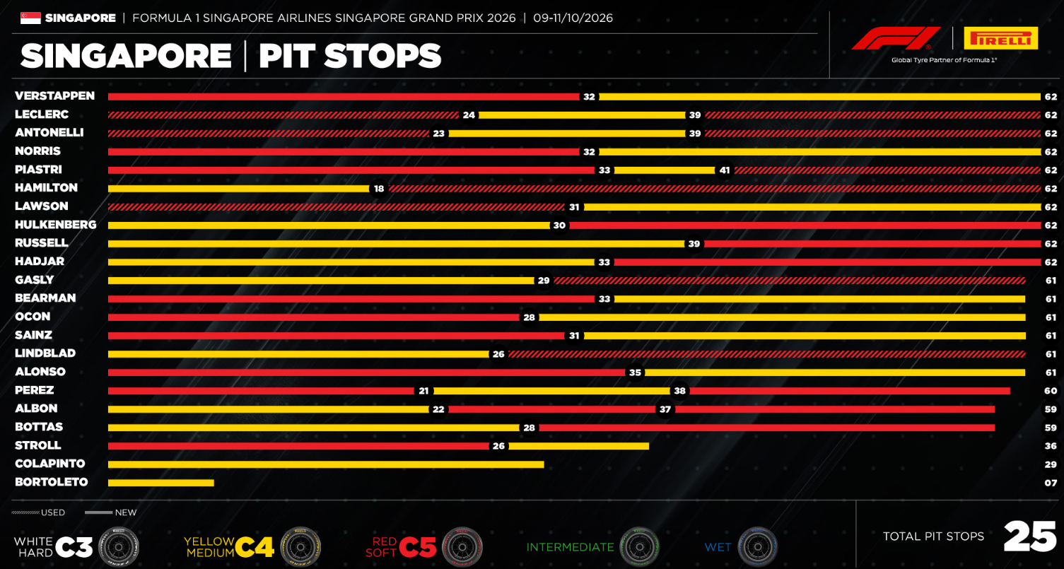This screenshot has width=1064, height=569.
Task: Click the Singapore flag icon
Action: click(x=30, y=18)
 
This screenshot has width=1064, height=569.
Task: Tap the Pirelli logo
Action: click(x=1001, y=38)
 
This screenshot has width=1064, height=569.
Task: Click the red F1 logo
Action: click(x=896, y=38)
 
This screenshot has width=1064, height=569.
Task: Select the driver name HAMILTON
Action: click(x=46, y=188)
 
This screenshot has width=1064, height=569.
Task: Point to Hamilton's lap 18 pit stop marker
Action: click(x=378, y=189)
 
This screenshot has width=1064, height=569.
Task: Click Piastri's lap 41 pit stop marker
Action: click(x=725, y=170)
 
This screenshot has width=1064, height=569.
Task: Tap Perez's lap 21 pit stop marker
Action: click(x=423, y=391)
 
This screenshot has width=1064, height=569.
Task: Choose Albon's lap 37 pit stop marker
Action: click(x=665, y=409)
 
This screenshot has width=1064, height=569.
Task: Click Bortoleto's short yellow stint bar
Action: click(x=161, y=483)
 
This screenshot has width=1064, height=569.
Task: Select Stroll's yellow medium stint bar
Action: click(x=578, y=446)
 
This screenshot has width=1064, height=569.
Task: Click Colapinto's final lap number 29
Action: click(x=1051, y=464)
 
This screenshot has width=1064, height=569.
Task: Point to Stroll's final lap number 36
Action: click(x=1051, y=446)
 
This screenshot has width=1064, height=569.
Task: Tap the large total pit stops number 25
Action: click(x=1030, y=536)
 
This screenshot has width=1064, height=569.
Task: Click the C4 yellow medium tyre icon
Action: click(x=300, y=547)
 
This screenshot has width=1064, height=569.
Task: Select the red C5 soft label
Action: click(x=401, y=547)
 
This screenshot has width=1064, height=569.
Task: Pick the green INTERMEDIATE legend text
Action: click(x=570, y=548)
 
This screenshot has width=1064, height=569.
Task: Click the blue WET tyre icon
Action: click(x=758, y=547)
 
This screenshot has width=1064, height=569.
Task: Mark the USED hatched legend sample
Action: click(x=25, y=512)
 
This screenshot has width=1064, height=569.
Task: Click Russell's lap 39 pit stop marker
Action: click(x=694, y=244)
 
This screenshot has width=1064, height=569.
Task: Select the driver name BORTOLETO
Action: click(x=52, y=482)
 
